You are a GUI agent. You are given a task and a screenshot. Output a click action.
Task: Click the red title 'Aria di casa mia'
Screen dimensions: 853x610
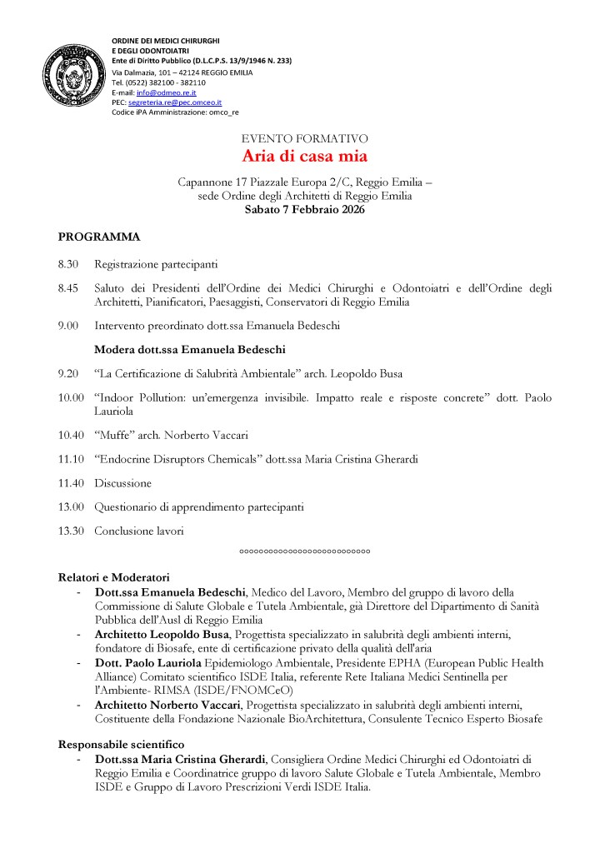coord(305,156)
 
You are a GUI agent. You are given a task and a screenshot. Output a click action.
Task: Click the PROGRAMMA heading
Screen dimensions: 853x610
coord(99,237)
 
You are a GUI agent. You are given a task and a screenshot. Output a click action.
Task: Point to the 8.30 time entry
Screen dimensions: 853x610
coord(68,265)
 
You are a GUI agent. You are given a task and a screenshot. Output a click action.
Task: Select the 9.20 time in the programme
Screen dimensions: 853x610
coord(68,374)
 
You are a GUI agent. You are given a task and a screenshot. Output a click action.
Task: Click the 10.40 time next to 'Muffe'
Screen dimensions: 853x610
coord(71,434)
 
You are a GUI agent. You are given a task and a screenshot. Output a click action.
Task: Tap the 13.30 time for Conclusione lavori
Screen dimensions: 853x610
coord(71,531)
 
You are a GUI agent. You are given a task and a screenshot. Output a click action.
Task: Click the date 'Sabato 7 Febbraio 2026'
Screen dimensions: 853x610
coord(305,210)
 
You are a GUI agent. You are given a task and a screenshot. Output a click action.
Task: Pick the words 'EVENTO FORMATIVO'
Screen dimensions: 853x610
coord(305,138)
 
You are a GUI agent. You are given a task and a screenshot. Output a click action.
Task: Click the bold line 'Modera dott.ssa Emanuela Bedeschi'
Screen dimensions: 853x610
coord(190,349)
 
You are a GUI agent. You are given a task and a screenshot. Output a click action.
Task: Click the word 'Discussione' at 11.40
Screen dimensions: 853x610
coord(122,482)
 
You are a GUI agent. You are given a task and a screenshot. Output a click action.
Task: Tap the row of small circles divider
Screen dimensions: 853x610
coord(305,551)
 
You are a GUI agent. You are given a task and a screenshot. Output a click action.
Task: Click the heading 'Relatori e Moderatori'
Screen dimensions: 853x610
coord(114,576)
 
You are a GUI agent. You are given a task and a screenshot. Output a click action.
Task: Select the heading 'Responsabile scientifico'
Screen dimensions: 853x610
coord(122,743)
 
